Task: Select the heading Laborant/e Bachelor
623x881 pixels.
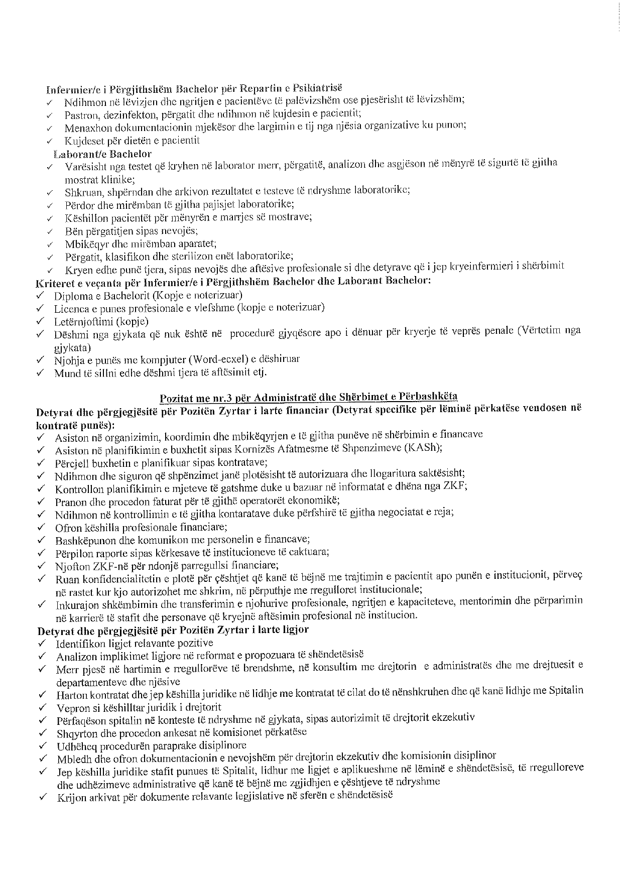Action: (x=102, y=154)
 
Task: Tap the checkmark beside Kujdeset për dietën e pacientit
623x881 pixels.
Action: (x=49, y=141)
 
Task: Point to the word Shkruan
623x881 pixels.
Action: (x=79, y=192)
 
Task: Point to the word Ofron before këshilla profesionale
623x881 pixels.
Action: (x=67, y=527)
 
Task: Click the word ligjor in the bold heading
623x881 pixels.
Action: (x=296, y=630)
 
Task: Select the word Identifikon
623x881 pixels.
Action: (x=79, y=643)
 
